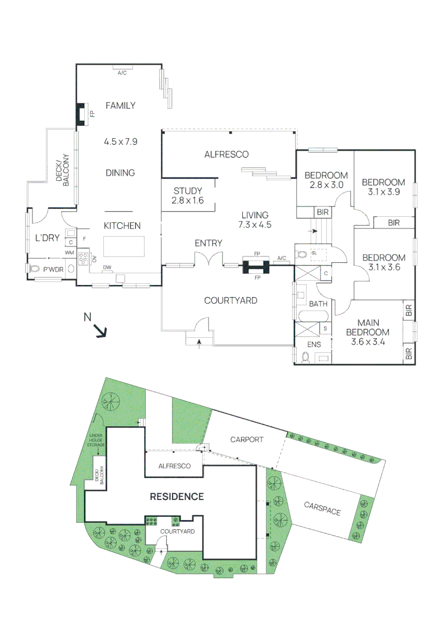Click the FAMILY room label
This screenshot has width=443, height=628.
click(120, 105)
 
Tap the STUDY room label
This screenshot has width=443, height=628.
click(188, 191)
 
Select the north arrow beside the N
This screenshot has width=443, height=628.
click(101, 331)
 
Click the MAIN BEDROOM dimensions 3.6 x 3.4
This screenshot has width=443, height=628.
click(368, 342)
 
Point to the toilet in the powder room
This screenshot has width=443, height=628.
click(34, 269)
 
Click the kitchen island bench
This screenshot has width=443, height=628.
click(124, 247)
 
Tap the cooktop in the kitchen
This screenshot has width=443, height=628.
click(83, 259)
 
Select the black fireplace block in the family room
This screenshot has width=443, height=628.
click(81, 115)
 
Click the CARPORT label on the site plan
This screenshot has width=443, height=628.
click(247, 440)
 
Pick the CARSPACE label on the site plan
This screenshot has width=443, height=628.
click(322, 508)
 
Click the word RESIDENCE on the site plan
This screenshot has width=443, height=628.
click(177, 497)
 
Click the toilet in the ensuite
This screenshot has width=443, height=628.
click(306, 356)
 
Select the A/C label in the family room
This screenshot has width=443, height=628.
click(122, 73)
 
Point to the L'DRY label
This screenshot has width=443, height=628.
click(47, 238)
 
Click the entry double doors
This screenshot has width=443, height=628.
click(208, 259)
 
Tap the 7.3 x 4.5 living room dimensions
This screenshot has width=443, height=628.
click(255, 224)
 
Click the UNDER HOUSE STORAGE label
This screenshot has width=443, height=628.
click(96, 440)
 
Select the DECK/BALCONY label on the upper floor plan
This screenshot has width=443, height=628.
click(63, 170)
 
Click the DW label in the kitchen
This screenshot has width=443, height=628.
click(107, 267)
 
